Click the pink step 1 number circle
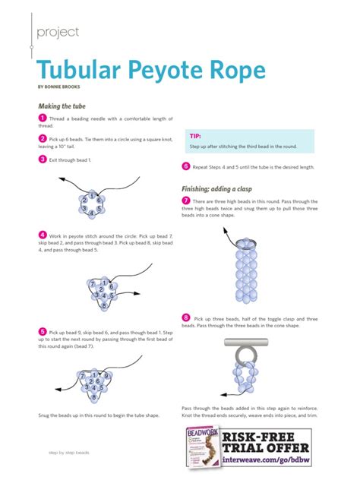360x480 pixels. [x=42, y=118]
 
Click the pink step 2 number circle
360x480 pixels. [x=42, y=139]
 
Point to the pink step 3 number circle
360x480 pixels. [x=42, y=159]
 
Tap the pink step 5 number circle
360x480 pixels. [x=42, y=332]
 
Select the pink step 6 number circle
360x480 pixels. [x=186, y=166]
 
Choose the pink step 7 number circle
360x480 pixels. [x=186, y=200]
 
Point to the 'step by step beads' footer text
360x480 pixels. [x=69, y=452]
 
